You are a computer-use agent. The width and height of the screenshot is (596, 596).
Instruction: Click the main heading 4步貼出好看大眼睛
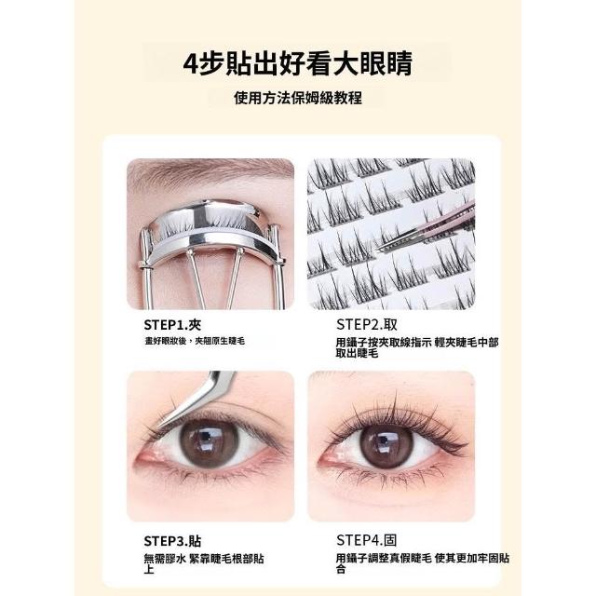click(x=298, y=63)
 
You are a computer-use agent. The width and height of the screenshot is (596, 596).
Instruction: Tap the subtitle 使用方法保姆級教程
click(x=298, y=98)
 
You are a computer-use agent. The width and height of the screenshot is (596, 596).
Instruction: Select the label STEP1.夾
click(x=172, y=325)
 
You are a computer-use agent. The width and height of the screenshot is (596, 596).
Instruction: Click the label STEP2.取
click(x=366, y=325)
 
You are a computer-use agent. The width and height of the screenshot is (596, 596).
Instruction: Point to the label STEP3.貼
click(x=172, y=541)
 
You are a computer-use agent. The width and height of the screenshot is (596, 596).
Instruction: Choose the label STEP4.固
click(x=366, y=540)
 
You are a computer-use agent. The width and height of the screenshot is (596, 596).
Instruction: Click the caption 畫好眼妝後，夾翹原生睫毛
click(x=195, y=341)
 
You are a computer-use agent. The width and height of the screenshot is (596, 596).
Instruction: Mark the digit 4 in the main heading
click(x=190, y=64)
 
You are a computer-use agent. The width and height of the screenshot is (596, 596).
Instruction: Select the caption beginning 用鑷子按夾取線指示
click(x=416, y=347)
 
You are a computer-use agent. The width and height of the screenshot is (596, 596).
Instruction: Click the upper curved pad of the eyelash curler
click(x=205, y=213)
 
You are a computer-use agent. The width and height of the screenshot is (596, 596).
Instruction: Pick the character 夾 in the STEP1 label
click(x=195, y=325)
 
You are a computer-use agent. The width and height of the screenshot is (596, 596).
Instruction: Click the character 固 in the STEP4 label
click(x=390, y=540)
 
